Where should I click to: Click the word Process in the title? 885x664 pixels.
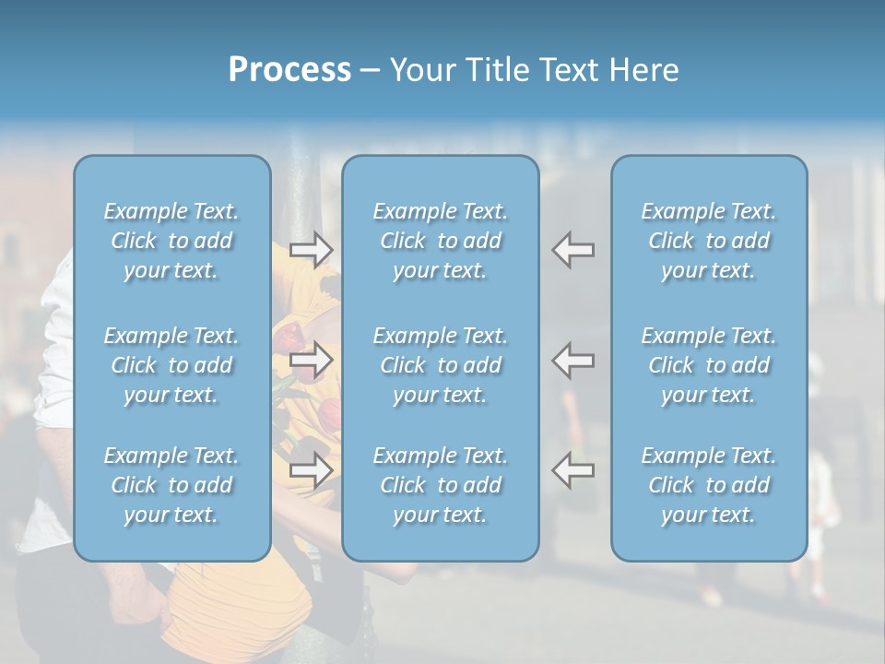(289, 69)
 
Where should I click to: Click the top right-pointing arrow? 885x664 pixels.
(311, 249)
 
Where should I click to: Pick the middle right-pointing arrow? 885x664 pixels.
(311, 360)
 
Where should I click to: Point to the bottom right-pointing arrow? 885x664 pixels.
(311, 469)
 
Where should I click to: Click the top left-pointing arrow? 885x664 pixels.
(573, 249)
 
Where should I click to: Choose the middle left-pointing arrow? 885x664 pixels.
(573, 360)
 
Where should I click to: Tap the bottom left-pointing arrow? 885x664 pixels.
(573, 469)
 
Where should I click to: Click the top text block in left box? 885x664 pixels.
(171, 241)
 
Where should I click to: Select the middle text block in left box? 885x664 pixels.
(171, 365)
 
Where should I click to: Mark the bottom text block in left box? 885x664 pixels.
(171, 485)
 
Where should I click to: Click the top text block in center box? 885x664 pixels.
(441, 241)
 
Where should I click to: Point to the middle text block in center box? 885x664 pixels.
(441, 365)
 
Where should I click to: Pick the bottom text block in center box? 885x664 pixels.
(441, 485)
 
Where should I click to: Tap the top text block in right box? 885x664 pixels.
(709, 241)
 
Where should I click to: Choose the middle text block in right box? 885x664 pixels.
(709, 365)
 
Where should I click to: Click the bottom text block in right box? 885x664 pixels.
(709, 485)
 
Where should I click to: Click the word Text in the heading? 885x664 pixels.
(570, 69)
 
